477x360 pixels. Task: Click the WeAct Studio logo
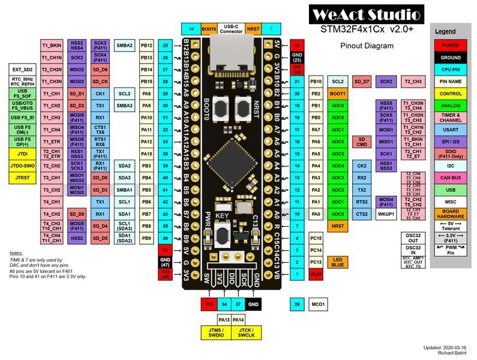pyautogui.click(x=367, y=15)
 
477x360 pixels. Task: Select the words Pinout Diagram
pyautogui.click(x=367, y=46)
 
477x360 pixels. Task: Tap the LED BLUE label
pyautogui.click(x=338, y=262)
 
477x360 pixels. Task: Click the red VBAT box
pyautogui.click(x=317, y=274)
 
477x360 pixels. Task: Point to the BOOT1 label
pyautogui.click(x=338, y=94)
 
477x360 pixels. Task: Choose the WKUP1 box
pyautogui.click(x=386, y=214)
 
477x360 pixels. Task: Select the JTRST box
pyautogui.click(x=23, y=178)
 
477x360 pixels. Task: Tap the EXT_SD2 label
pyautogui.click(x=23, y=70)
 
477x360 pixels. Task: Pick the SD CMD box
pyautogui.click(x=362, y=142)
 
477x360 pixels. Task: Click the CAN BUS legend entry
pyautogui.click(x=451, y=178)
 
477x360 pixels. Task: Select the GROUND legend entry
pyautogui.click(x=451, y=58)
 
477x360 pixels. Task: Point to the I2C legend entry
pyautogui.click(x=451, y=166)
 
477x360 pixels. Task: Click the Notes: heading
pyautogui.click(x=16, y=253)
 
